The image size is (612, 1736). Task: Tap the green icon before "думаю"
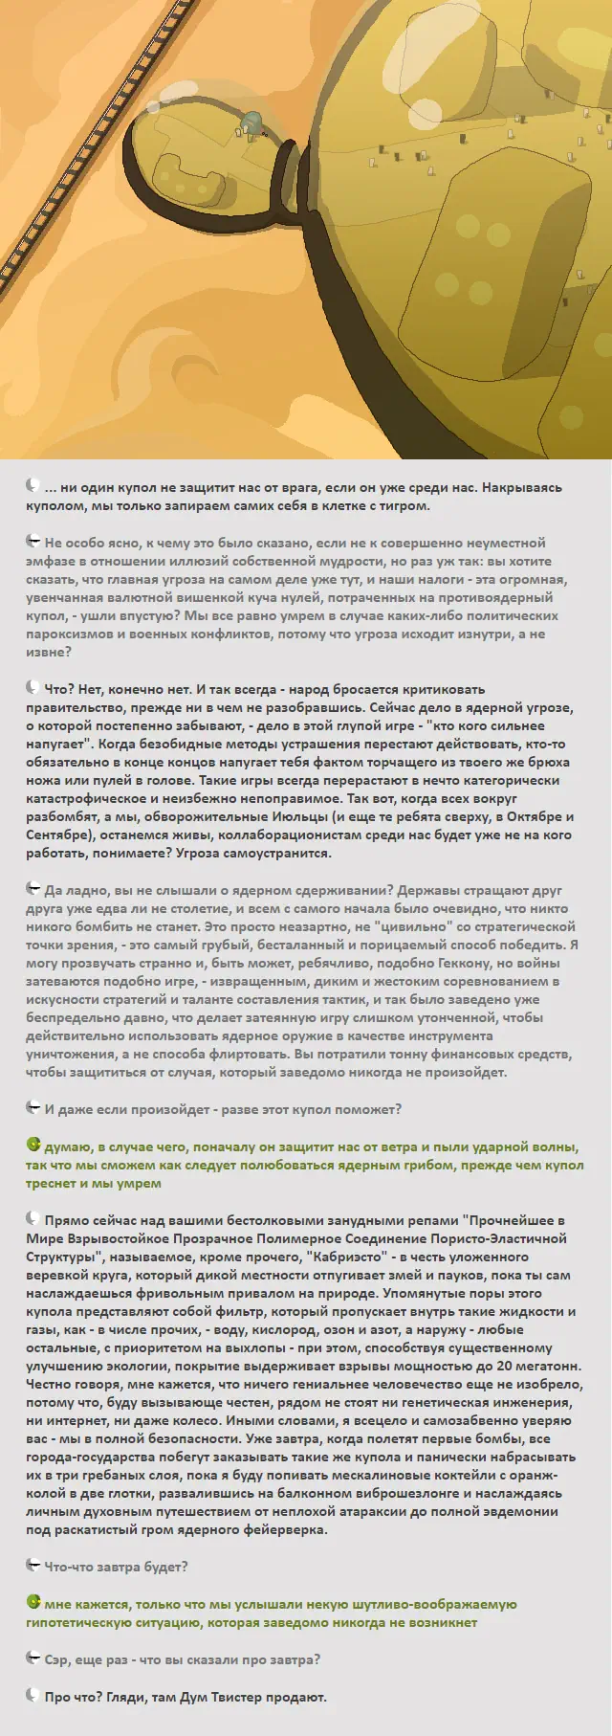[x=33, y=1146]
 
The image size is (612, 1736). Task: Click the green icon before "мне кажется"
[x=33, y=1603]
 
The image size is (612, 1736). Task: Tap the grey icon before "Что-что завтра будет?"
[x=33, y=1567]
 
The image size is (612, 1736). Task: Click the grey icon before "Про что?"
[x=33, y=1697]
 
